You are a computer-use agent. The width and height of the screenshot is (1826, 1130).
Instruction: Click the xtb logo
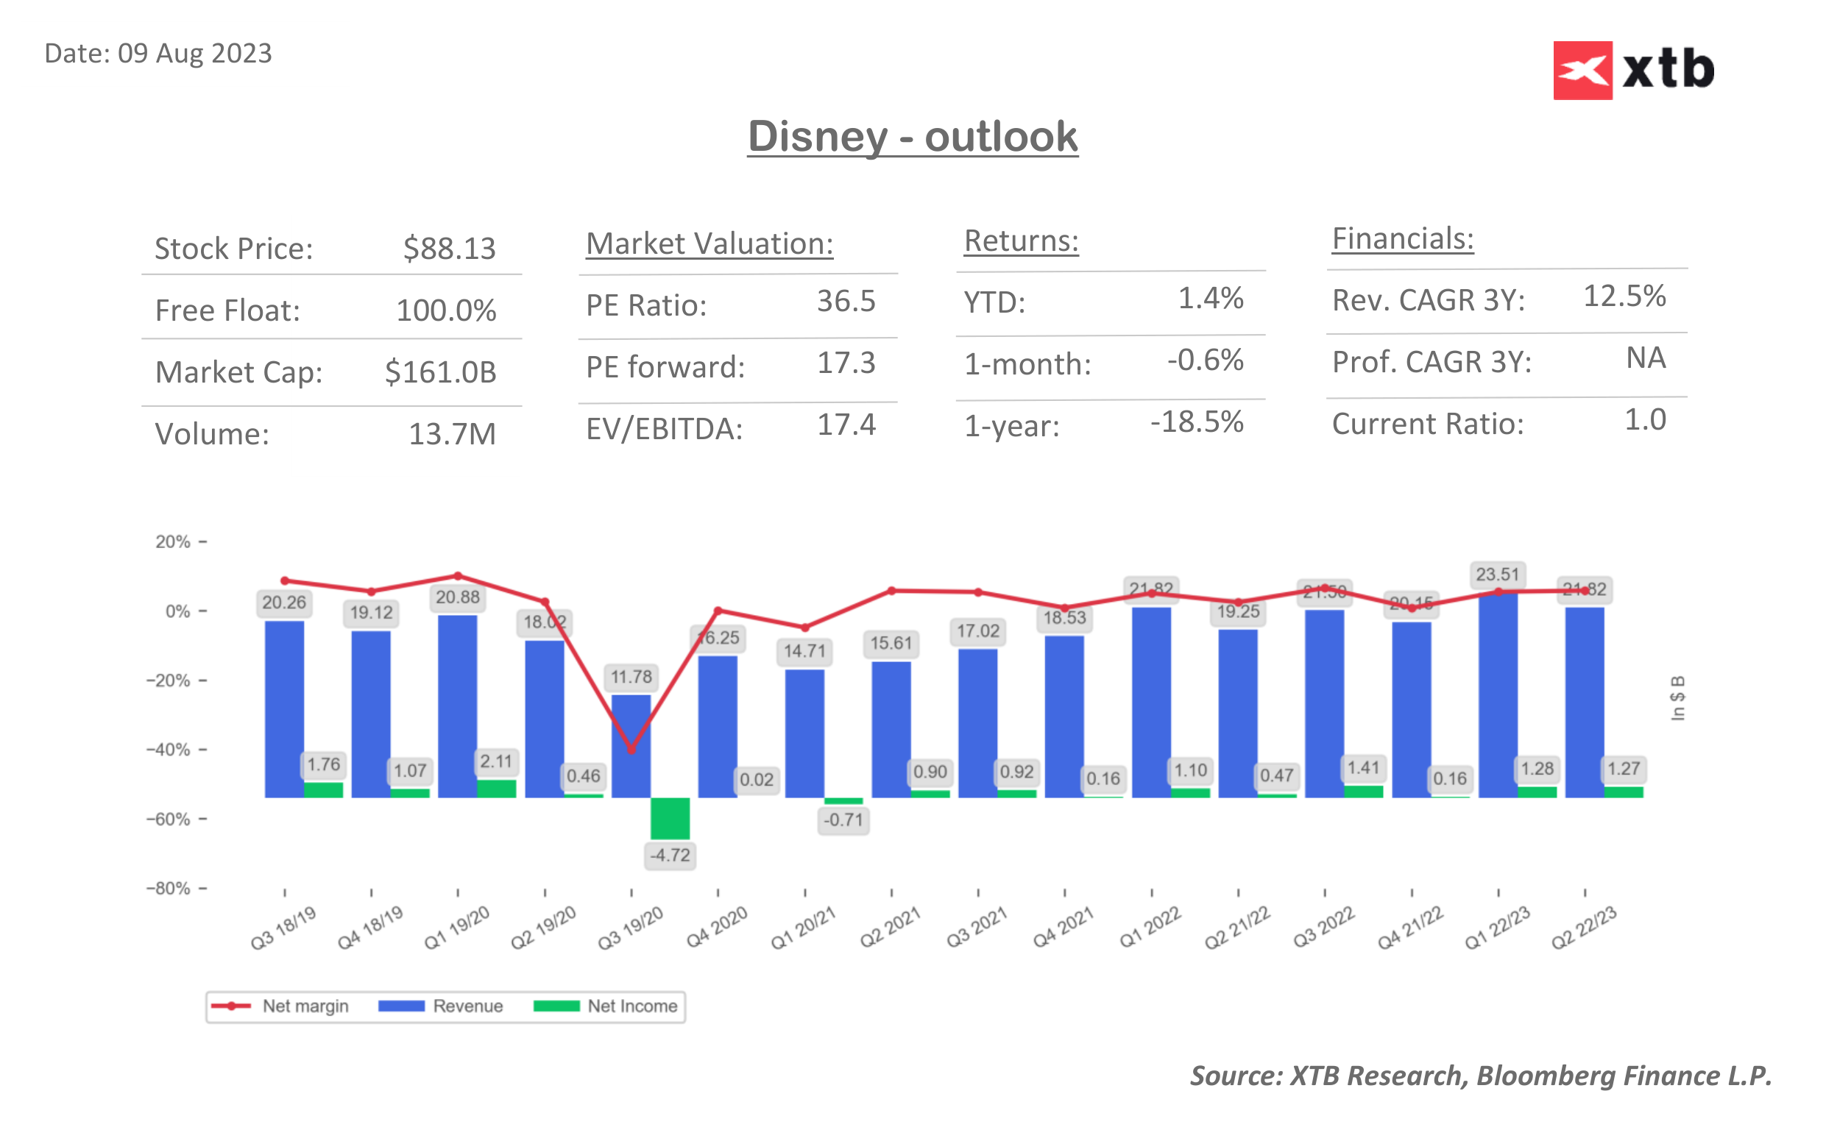pyautogui.click(x=1633, y=70)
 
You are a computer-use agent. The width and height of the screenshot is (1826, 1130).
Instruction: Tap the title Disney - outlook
pyautogui.click(x=913, y=137)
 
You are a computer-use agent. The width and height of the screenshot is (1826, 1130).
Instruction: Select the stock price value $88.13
pyautogui.click(x=449, y=248)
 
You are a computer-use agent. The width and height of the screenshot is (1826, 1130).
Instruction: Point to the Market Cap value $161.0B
pyautogui.click(x=440, y=372)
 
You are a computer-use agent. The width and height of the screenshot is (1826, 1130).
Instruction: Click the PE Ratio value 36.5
pyautogui.click(x=846, y=301)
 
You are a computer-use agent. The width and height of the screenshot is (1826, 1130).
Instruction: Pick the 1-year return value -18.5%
pyautogui.click(x=1196, y=422)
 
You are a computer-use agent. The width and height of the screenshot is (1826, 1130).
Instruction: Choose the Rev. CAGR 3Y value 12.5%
pyautogui.click(x=1624, y=296)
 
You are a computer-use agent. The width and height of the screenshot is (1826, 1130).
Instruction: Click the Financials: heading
pyautogui.click(x=1402, y=239)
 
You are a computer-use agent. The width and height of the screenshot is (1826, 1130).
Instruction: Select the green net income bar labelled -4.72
pyautogui.click(x=670, y=817)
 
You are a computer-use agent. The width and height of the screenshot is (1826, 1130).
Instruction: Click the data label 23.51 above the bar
pyautogui.click(x=1497, y=574)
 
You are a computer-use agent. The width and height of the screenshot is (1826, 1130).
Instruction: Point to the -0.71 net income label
pyautogui.click(x=843, y=820)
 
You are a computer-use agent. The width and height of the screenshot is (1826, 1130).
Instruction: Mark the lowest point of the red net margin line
pyautogui.click(x=631, y=749)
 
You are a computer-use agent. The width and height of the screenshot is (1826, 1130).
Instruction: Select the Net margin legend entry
pyautogui.click(x=280, y=1006)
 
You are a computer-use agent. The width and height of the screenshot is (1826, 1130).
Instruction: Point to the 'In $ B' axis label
pyautogui.click(x=1678, y=698)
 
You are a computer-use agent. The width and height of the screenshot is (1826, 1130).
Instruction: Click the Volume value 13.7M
pyautogui.click(x=451, y=434)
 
